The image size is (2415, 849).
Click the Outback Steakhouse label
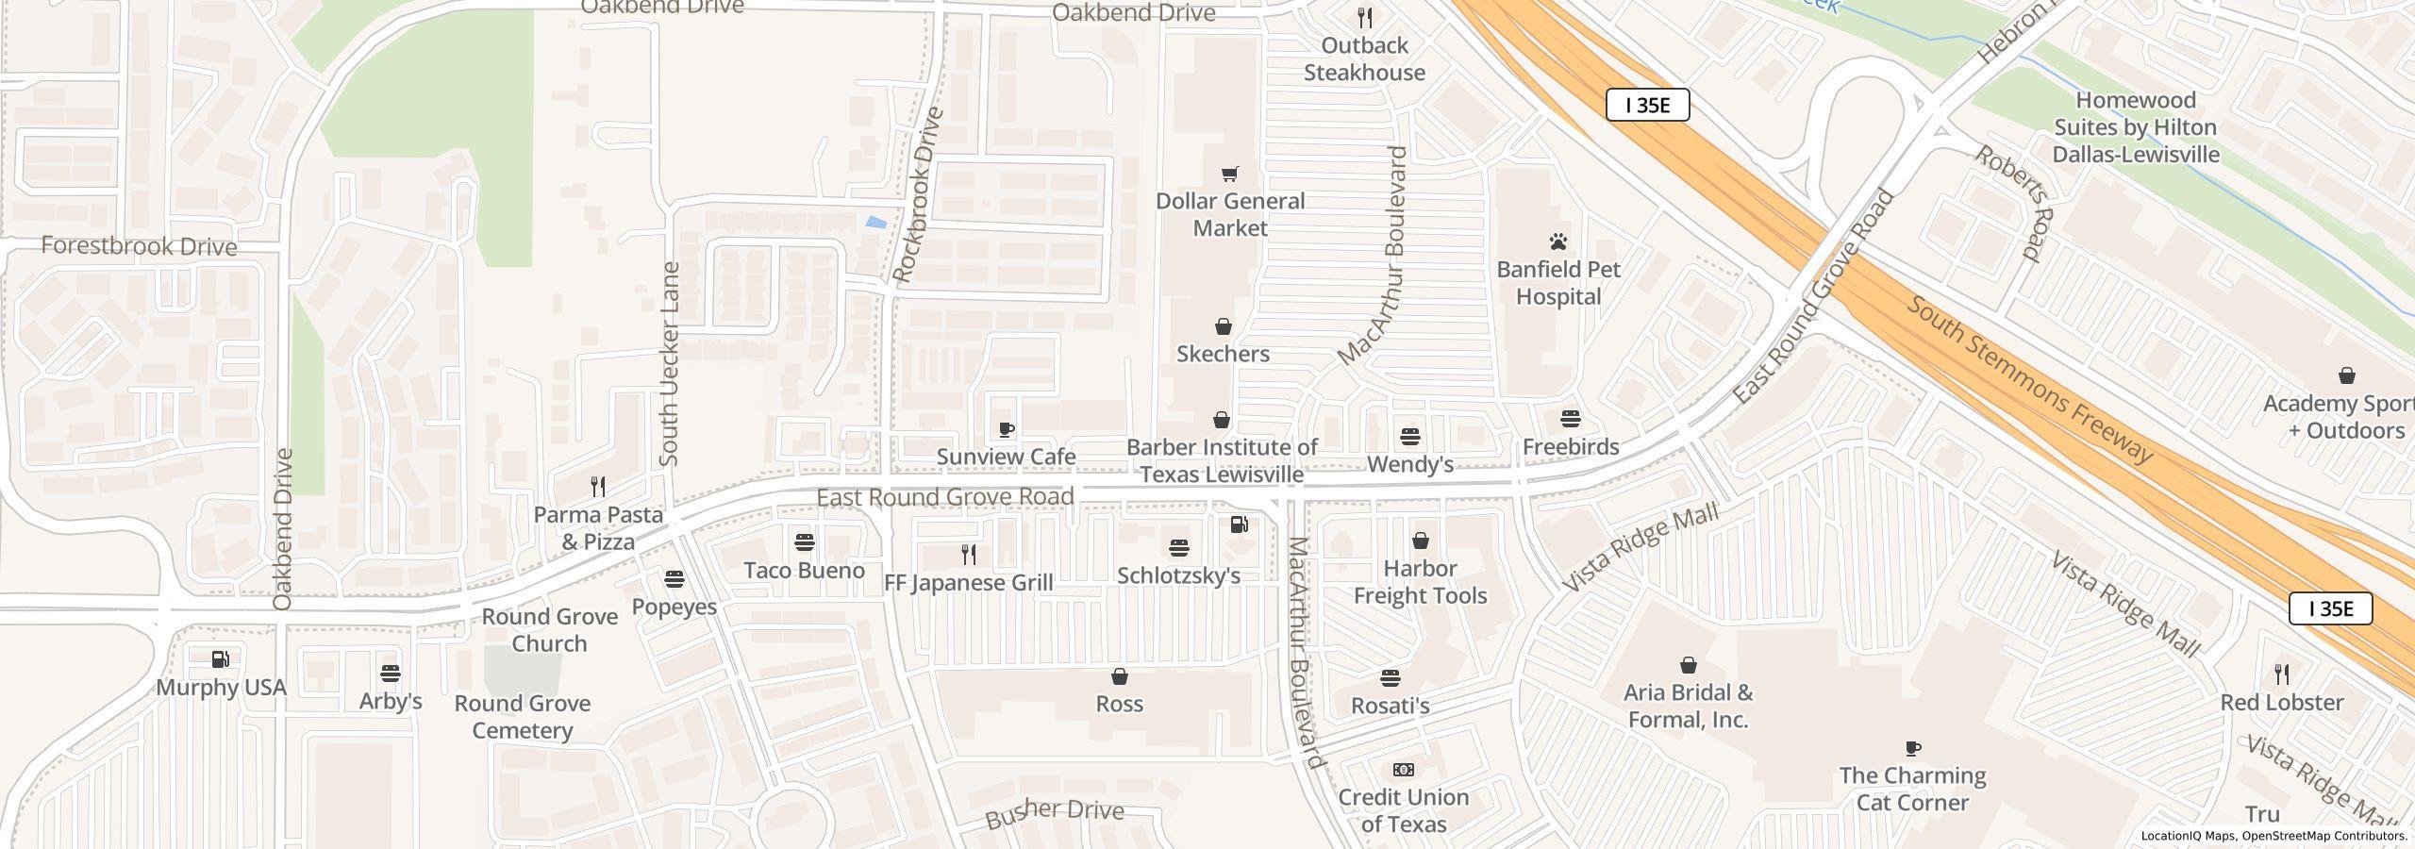(x=1364, y=59)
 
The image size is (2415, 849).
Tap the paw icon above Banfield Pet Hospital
(x=1558, y=241)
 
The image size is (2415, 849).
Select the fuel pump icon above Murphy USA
(x=221, y=658)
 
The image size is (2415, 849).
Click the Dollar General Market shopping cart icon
(x=1229, y=174)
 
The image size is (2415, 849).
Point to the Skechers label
(x=1223, y=354)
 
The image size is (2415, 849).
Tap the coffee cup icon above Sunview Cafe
(x=1007, y=430)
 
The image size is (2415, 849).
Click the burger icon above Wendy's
(x=1410, y=437)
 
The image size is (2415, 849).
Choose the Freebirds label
(x=1571, y=447)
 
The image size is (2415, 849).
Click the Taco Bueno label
(x=804, y=571)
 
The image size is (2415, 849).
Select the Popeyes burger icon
(x=675, y=578)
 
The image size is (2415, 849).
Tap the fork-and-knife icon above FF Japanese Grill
(x=968, y=554)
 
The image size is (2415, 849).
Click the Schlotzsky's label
(x=1178, y=575)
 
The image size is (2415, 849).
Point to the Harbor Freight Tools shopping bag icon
(x=1420, y=541)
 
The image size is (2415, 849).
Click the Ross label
(x=1119, y=704)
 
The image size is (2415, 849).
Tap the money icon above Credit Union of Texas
(x=1404, y=770)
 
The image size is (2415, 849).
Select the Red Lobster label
(x=2281, y=703)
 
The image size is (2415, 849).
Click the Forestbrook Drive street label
(x=139, y=247)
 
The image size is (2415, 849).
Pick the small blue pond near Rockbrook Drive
(x=875, y=223)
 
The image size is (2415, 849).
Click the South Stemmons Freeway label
(x=2028, y=379)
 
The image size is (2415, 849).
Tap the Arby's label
(x=391, y=702)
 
